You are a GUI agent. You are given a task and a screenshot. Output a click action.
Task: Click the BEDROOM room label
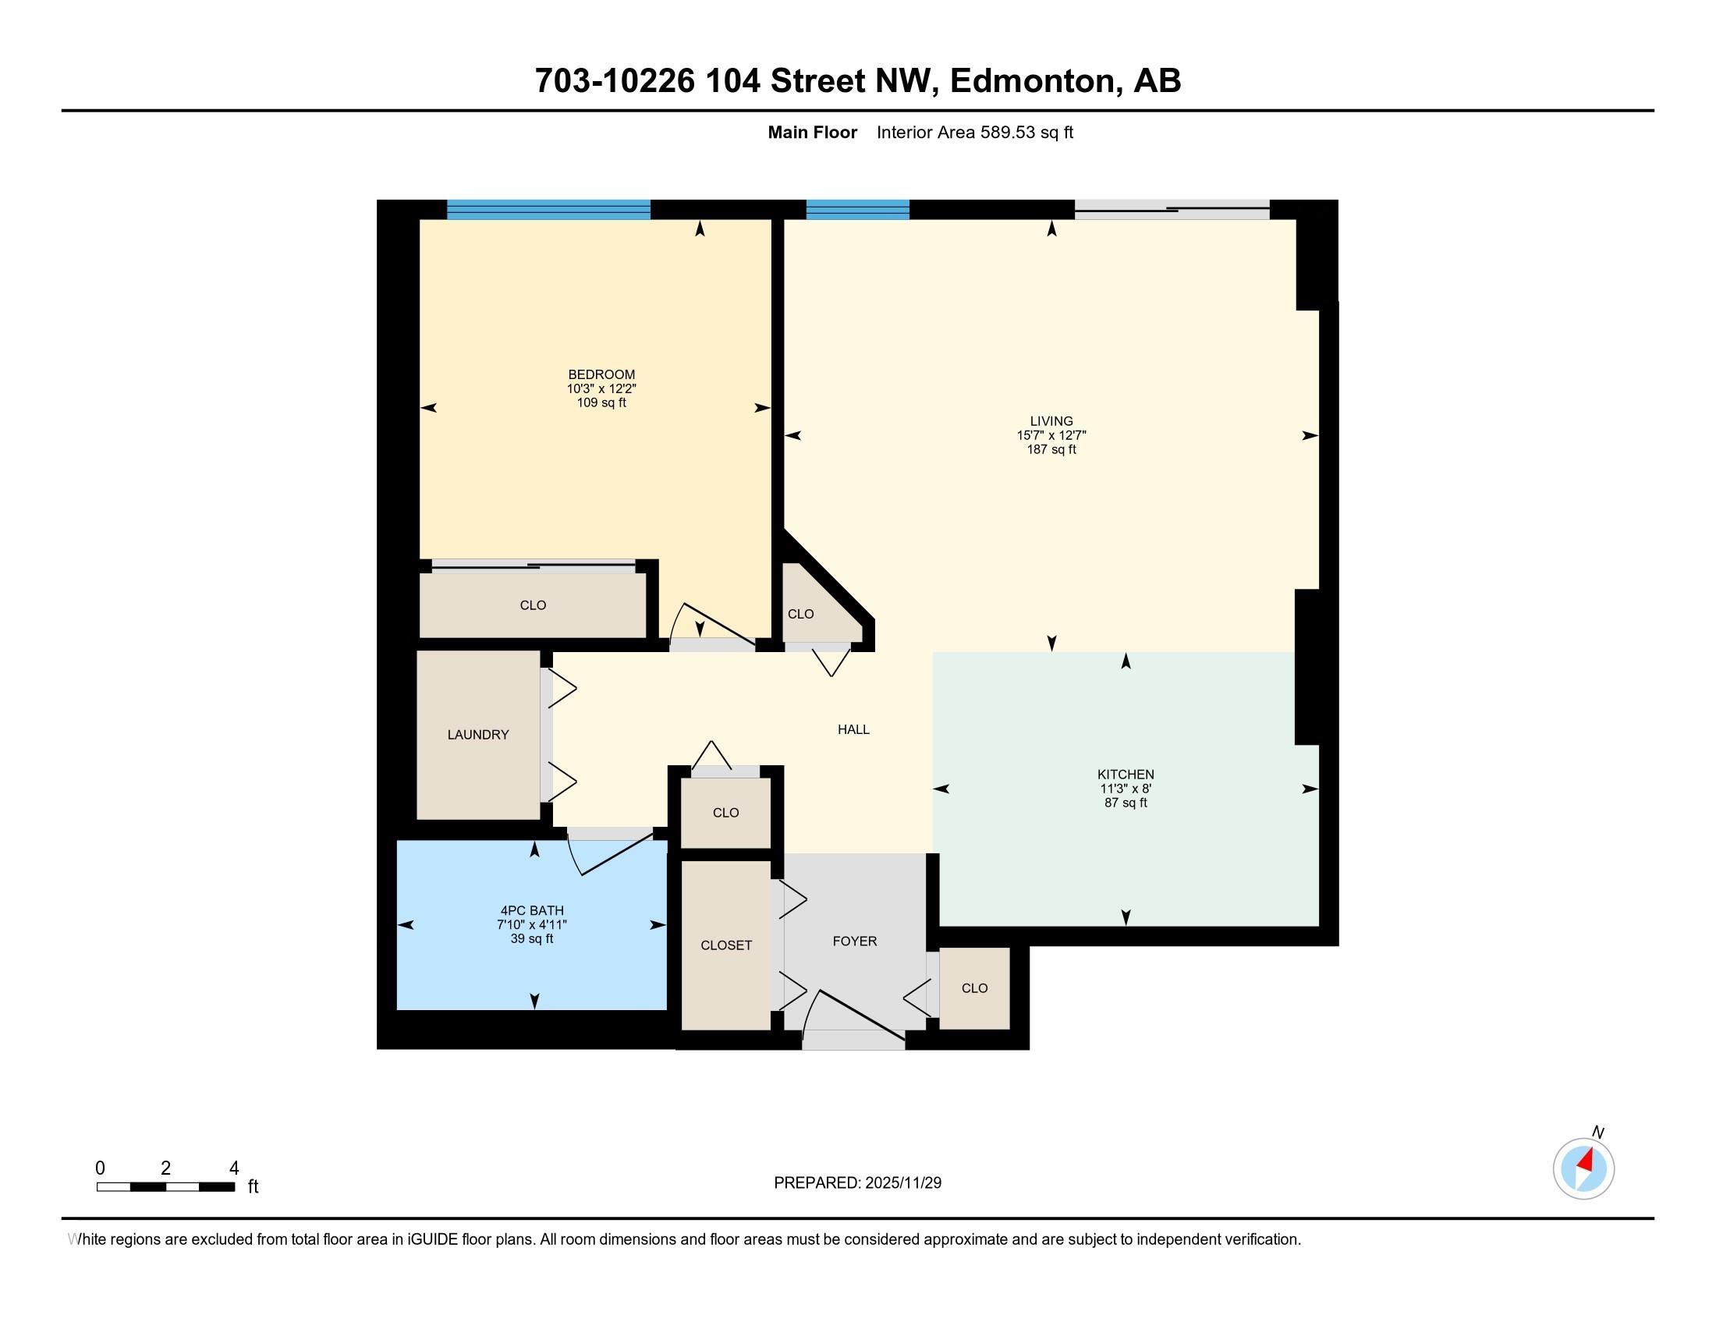coord(601,374)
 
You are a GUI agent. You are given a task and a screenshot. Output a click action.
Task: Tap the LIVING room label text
coord(1051,421)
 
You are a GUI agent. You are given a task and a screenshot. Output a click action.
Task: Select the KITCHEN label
coord(1126,775)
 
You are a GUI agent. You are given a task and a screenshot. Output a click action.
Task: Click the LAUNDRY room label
coord(477,735)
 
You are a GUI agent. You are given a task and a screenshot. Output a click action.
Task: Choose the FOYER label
coord(854,941)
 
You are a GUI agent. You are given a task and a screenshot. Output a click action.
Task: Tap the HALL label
coord(853,729)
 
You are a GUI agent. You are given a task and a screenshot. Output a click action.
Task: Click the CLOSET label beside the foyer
coord(726,945)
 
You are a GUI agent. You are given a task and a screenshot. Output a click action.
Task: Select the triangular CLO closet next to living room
coord(801,614)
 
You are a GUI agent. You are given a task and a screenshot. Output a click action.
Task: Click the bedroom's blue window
coord(548,209)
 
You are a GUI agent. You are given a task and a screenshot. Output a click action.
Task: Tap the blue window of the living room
coord(857,209)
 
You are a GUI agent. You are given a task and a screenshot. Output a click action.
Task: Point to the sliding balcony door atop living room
coord(1171,209)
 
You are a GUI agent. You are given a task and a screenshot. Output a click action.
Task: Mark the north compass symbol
coord(1583,1168)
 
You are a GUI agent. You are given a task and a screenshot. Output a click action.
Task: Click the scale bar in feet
coord(166,1186)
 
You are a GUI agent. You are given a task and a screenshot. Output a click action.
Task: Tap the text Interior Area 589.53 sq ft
coord(974,133)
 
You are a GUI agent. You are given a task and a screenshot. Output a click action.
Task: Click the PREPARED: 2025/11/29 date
coord(857,1182)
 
